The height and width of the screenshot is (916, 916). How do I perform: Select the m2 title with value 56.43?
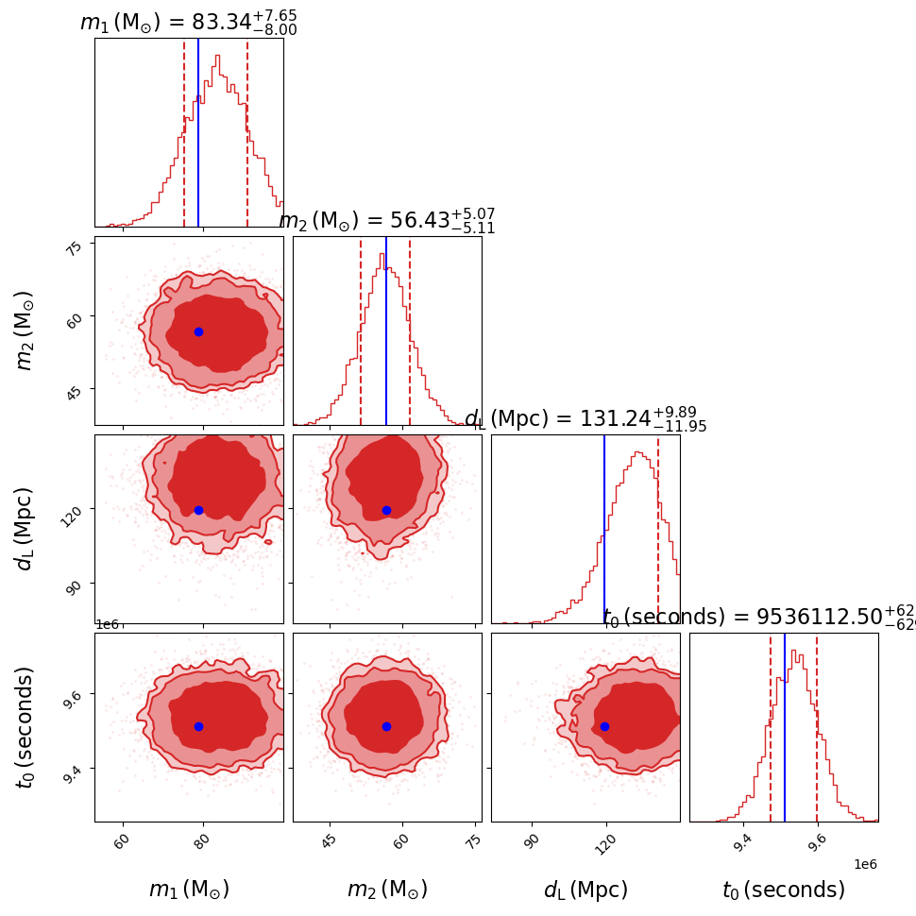pyautogui.click(x=386, y=221)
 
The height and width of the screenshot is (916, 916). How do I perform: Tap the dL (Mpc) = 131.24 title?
pyautogui.click(x=585, y=419)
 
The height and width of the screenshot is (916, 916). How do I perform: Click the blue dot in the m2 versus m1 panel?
pyautogui.click(x=198, y=331)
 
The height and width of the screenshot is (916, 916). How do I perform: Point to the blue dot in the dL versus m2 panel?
pyautogui.click(x=386, y=510)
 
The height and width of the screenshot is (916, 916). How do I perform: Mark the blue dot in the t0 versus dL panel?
pyautogui.click(x=604, y=726)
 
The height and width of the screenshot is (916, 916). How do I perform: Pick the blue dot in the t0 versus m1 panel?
pyautogui.click(x=198, y=726)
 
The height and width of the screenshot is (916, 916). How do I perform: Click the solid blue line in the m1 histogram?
pyautogui.click(x=198, y=132)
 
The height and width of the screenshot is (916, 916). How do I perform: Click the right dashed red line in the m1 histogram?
pyautogui.click(x=247, y=132)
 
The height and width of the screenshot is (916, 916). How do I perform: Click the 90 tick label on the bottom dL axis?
pyautogui.click(x=532, y=842)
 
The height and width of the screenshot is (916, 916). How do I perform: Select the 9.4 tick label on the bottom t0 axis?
pyautogui.click(x=742, y=842)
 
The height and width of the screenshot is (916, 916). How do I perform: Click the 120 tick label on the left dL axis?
pyautogui.click(x=71, y=510)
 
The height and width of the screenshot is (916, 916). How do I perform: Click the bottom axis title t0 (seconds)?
pyautogui.click(x=783, y=890)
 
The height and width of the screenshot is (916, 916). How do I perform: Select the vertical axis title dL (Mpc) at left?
pyautogui.click(x=25, y=528)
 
